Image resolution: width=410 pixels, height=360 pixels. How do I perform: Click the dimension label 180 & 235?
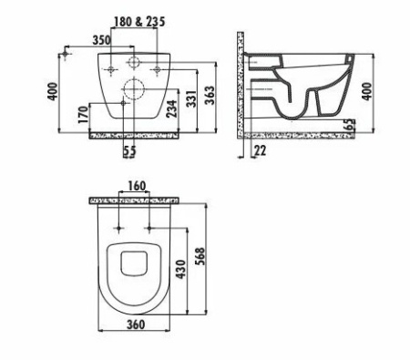pos(139,22)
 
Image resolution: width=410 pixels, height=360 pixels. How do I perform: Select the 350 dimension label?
pos(102,40)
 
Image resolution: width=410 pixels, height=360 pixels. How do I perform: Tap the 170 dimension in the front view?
pos(83,115)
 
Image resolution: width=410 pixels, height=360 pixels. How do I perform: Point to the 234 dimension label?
pos(171,108)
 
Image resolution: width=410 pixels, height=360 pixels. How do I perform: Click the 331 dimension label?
pos(191,98)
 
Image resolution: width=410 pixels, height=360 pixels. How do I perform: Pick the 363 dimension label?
pos(210,95)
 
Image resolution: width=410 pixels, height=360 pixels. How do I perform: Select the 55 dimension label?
pos(129,151)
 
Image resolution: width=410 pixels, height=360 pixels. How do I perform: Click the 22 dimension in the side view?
pos(260,150)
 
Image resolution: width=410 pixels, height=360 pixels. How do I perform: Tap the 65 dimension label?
pos(351,124)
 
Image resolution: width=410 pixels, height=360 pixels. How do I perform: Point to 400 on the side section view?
pos(367,91)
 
